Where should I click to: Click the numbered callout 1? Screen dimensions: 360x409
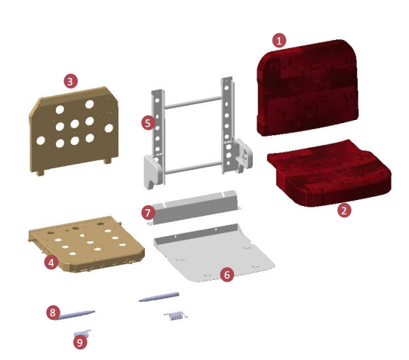tap(279, 40)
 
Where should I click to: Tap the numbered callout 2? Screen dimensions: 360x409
tap(344, 211)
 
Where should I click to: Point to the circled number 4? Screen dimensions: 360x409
tap(51, 262)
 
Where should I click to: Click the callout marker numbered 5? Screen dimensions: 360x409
tap(148, 121)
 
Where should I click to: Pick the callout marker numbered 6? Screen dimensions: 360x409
tap(226, 274)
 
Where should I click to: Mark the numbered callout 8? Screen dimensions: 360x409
tap(52, 311)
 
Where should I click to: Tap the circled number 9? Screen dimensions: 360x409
tap(81, 342)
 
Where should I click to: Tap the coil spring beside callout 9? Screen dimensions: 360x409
tap(83, 331)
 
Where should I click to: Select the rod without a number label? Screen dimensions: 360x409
tap(158, 297)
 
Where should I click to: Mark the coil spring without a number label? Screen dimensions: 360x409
tap(176, 314)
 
